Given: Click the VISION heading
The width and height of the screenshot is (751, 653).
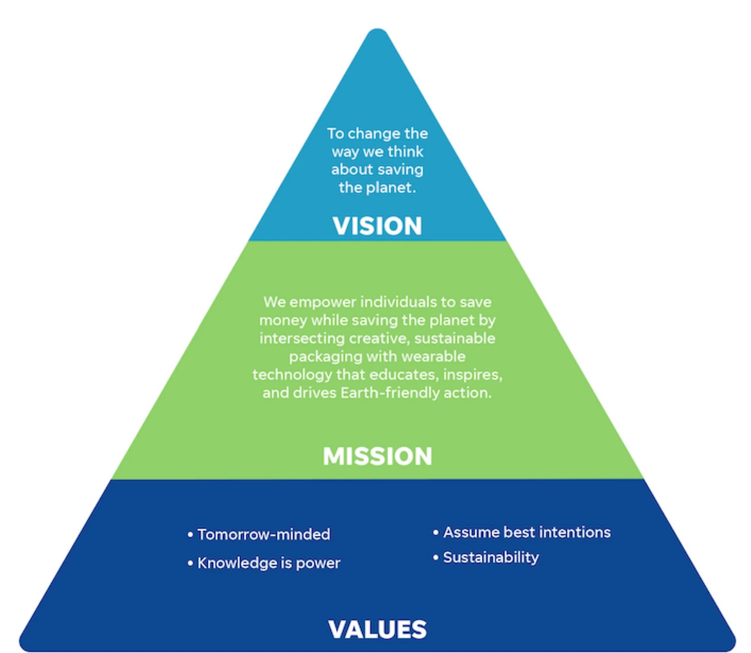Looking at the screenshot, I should [x=377, y=226].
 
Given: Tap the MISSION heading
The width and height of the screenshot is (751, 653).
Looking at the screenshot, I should [x=377, y=456].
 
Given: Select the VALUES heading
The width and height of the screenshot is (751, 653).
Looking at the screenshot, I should [x=377, y=630].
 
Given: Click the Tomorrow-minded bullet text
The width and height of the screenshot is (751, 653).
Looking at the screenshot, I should [x=263, y=534].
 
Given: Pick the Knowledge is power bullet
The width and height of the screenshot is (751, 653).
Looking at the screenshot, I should [x=269, y=563].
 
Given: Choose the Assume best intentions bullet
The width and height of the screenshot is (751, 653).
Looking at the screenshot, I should [x=526, y=533].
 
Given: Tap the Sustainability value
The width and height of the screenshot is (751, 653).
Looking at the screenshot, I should [x=490, y=557].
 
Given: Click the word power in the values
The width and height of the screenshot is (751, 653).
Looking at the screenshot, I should [x=318, y=563].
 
